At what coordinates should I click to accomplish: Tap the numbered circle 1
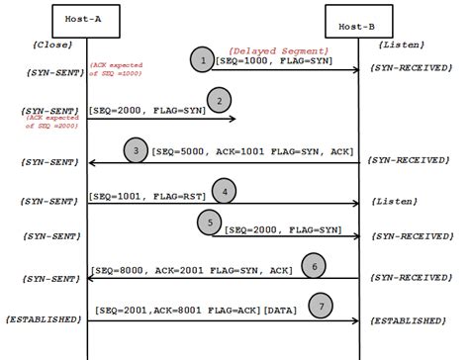pos(202,59)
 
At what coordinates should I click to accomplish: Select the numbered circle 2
pos(219,98)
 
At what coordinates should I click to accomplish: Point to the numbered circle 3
pos(136,150)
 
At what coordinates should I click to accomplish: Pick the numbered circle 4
pos(227,191)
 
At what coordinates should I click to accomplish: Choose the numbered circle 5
pos(210,224)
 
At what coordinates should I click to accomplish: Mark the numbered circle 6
pos(315,266)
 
